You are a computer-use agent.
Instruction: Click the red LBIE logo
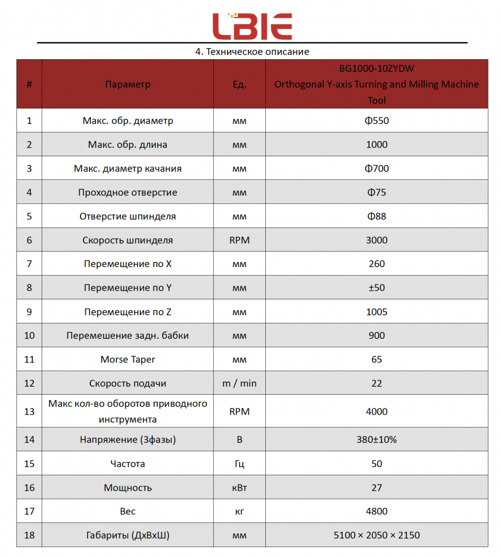click(x=252, y=26)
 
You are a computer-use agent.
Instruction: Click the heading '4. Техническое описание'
click(x=252, y=52)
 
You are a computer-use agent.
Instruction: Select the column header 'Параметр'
click(x=127, y=84)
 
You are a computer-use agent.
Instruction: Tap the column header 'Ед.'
click(x=240, y=84)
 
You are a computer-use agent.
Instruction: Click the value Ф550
click(x=377, y=121)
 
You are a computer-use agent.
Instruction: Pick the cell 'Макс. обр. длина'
click(x=127, y=145)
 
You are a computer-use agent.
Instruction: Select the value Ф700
click(x=377, y=168)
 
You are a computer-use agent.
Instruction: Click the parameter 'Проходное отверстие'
click(x=127, y=192)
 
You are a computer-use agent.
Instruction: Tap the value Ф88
click(x=377, y=216)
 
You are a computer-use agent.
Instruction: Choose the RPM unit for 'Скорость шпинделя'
click(x=240, y=240)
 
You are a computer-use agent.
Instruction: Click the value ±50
click(x=377, y=288)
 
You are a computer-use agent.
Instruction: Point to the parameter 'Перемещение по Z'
click(x=127, y=312)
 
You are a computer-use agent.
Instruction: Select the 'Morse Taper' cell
click(x=127, y=360)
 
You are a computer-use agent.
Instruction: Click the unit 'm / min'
click(x=240, y=383)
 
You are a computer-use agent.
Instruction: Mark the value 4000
click(x=377, y=412)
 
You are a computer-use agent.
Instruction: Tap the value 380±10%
click(x=377, y=440)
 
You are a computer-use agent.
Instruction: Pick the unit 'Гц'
click(x=240, y=464)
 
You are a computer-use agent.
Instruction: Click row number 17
click(x=29, y=511)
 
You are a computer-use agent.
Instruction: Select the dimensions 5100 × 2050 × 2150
click(x=377, y=535)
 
